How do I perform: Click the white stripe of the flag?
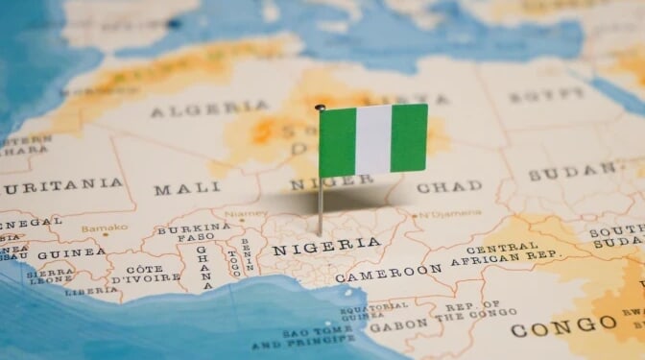[373, 139]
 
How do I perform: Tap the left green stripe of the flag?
[337, 142]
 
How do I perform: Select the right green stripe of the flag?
[409, 137]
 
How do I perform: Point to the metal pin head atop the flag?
[320, 108]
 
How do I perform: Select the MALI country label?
[187, 188]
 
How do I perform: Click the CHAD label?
[449, 186]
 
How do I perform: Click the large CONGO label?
[550, 329]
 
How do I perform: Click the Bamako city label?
[105, 228]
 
